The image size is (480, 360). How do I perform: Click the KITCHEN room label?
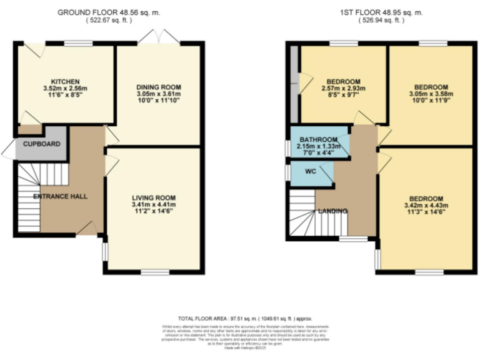pos(65,82)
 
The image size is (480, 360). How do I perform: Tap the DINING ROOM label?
pos(159,87)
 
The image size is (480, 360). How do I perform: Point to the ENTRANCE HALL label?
pos(60,196)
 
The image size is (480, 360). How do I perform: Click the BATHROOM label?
pos(318,139)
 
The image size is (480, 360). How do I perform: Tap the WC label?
pos(311,171)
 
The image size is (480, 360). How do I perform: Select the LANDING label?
pos(332,211)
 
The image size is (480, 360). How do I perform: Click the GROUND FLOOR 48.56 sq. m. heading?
pos(109,12)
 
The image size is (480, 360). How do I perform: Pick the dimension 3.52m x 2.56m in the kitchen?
pos(65,89)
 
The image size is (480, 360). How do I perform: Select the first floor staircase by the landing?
pos(302,214)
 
